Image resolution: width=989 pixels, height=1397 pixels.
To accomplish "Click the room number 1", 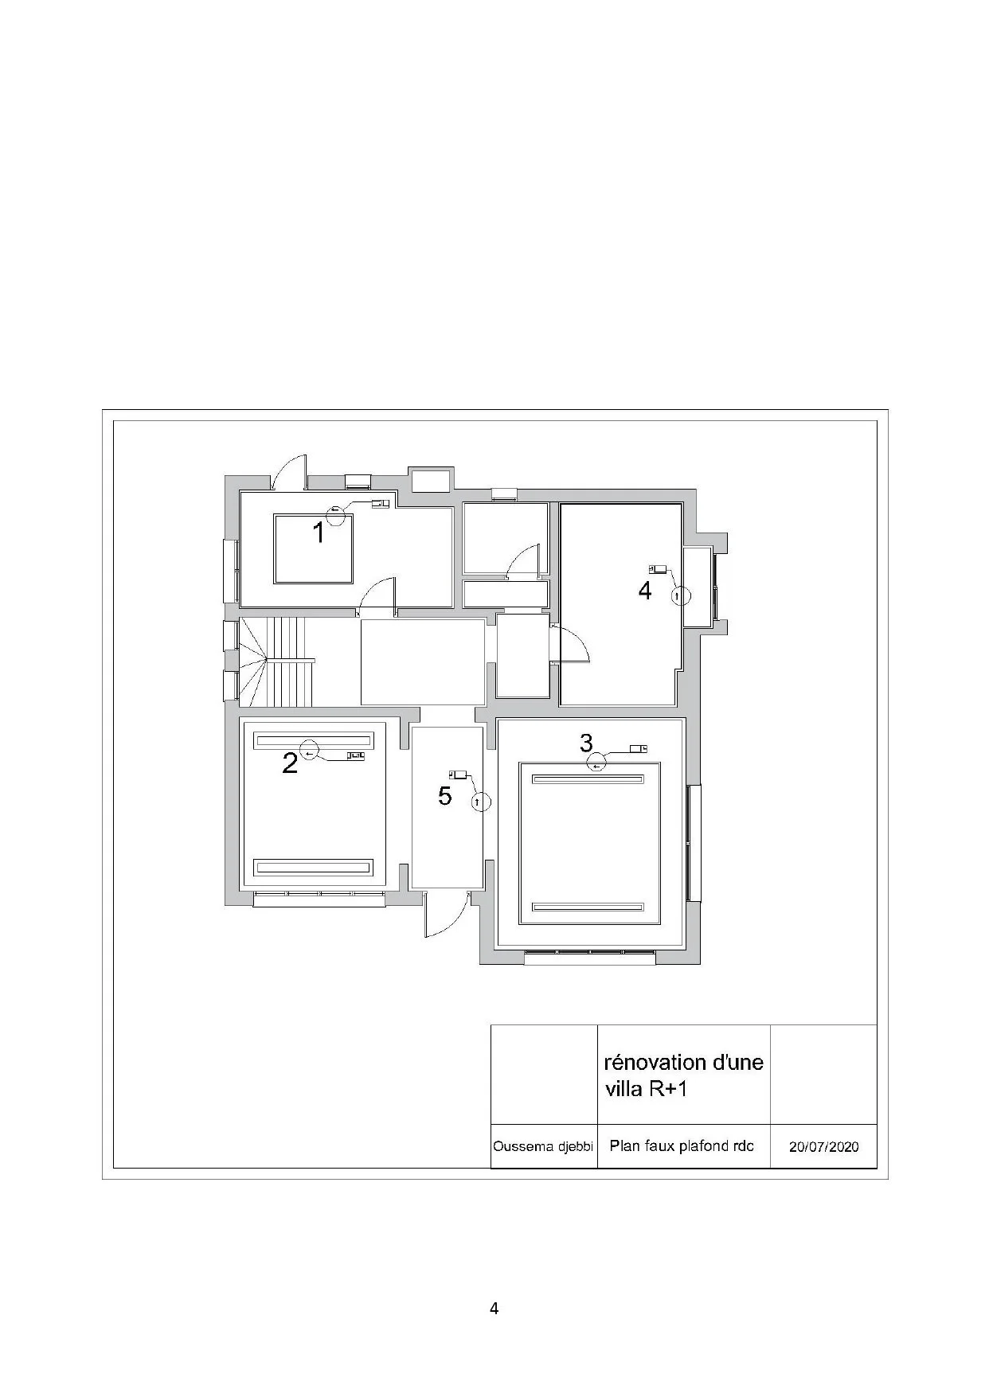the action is coord(319,533).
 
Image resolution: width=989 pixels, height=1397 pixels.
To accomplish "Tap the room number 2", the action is coord(290,763).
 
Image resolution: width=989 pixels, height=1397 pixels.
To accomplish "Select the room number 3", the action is coord(586,743).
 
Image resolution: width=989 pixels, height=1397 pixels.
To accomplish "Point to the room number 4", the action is coord(645,591).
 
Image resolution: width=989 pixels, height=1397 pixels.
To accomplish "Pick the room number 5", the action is coord(445,795).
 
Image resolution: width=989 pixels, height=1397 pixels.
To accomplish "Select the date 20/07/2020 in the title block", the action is coord(823,1147).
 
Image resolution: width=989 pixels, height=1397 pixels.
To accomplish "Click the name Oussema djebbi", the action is coord(543,1147).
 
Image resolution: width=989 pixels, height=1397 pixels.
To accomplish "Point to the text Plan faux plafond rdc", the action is coord(682,1146).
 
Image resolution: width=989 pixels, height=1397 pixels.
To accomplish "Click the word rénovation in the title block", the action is coord(655,1063).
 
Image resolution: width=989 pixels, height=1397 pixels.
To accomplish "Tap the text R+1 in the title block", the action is coord(668,1089).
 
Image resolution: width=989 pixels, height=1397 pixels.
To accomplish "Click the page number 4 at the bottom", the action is coord(494,1309).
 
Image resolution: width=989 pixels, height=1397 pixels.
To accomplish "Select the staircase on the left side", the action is coord(277,662).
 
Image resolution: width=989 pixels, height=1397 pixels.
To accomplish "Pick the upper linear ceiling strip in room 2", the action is coord(313,740).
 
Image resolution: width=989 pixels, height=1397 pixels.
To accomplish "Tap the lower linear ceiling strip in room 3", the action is coord(588,907).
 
